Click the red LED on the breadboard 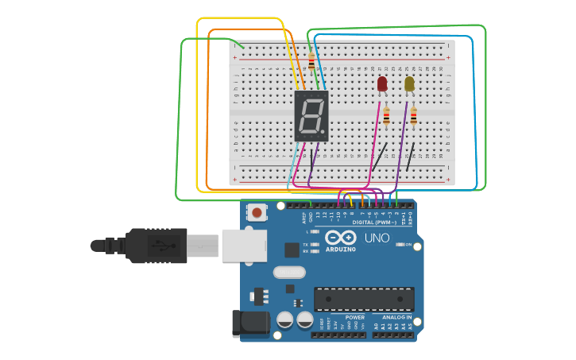[382, 83]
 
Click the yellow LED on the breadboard [409, 83]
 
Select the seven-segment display [311, 115]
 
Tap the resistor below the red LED [386, 116]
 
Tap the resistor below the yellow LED [412, 116]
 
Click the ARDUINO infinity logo [340, 238]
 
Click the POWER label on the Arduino [354, 317]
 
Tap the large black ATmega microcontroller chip [364, 299]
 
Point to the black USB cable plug [155, 246]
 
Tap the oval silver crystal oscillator [289, 272]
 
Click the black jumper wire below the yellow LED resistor [409, 158]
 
